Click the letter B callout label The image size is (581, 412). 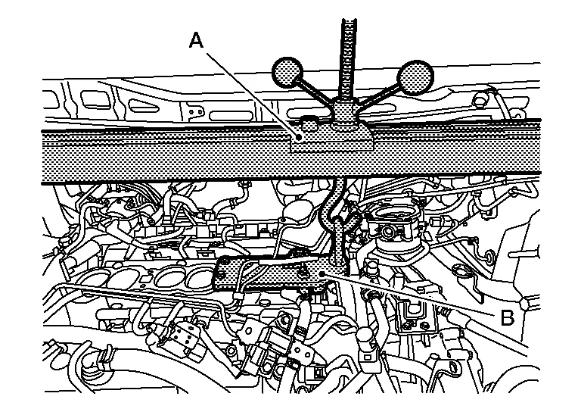pyautogui.click(x=508, y=316)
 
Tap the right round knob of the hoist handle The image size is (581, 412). pyautogui.click(x=413, y=76)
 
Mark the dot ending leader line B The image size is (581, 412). pyautogui.click(x=323, y=273)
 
